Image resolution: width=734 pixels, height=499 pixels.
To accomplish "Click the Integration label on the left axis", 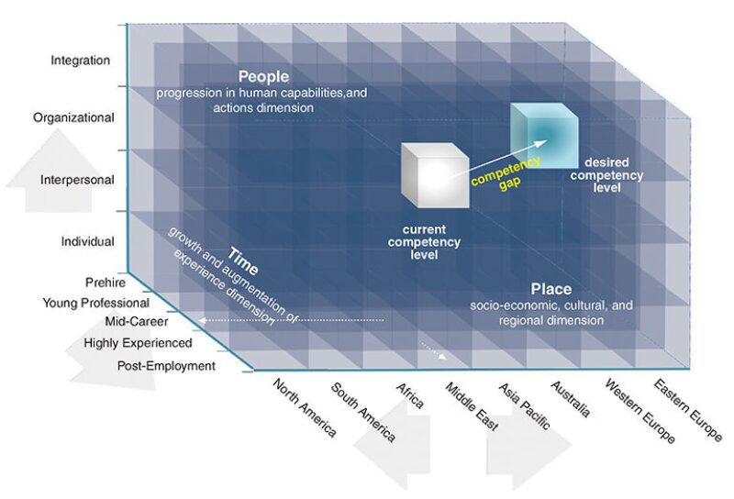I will (x=81, y=61).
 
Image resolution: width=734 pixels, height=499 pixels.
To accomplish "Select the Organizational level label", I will (x=73, y=117).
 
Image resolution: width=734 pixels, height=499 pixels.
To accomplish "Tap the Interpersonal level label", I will (x=77, y=180).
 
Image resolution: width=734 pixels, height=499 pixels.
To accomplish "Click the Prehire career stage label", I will (x=105, y=283).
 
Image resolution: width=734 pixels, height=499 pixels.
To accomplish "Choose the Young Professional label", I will (x=95, y=303).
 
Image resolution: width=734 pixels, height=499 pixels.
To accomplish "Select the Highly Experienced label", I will (x=138, y=343).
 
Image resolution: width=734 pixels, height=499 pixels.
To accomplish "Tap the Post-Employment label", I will (x=166, y=366).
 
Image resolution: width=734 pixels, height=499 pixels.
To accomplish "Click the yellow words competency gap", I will (x=506, y=172).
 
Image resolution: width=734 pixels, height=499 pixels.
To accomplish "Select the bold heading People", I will (x=263, y=77).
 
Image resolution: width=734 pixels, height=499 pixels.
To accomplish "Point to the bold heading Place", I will (x=550, y=290).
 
